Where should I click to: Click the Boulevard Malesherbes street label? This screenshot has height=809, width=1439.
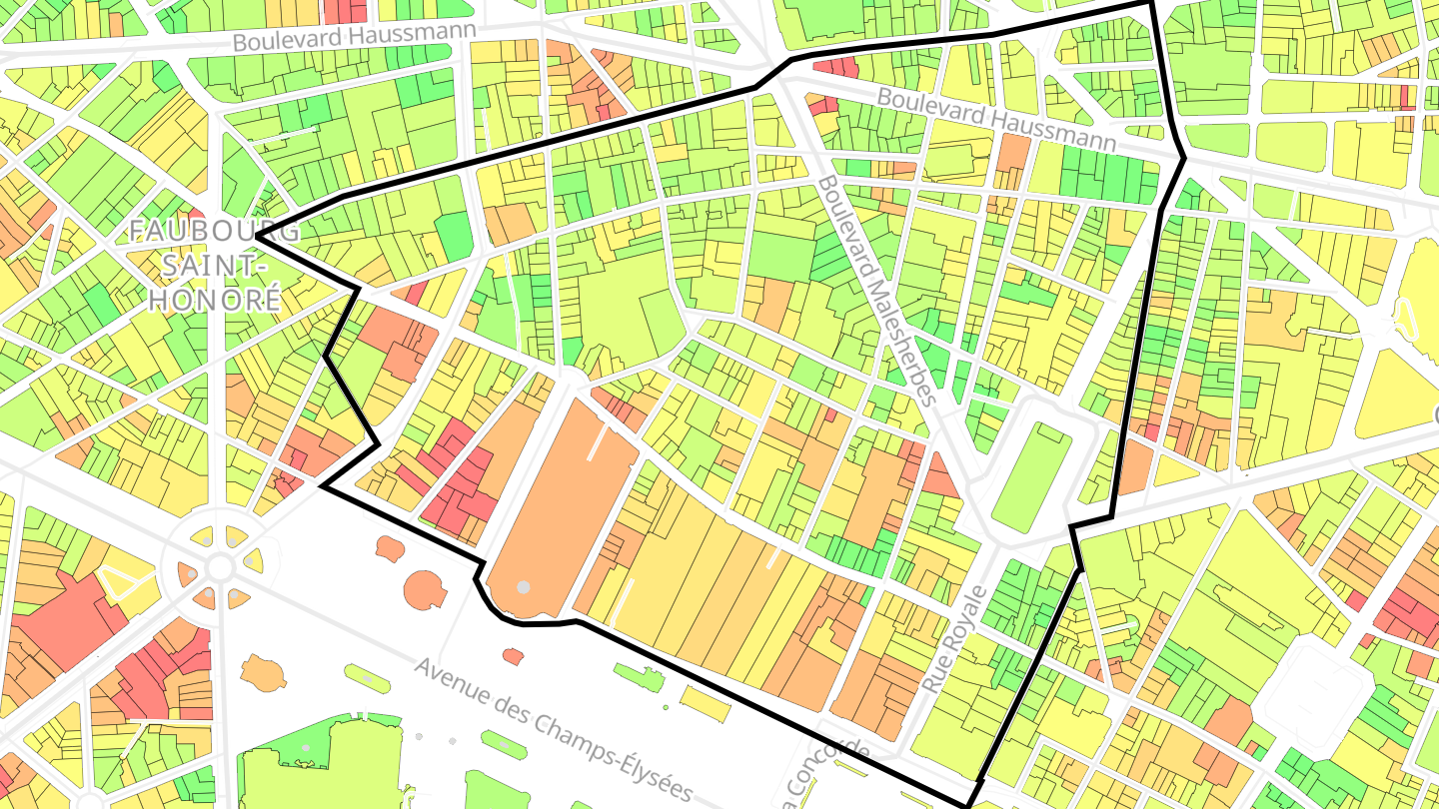(x=876, y=291)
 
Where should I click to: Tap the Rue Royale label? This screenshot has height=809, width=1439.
(x=953, y=640)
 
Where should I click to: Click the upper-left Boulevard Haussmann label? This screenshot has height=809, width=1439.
(x=354, y=33)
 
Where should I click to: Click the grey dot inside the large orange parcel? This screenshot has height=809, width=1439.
(x=523, y=587)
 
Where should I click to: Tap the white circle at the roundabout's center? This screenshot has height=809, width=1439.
(x=220, y=566)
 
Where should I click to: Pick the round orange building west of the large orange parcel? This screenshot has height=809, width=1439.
(x=425, y=588)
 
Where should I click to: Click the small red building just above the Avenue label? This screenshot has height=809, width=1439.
(x=513, y=656)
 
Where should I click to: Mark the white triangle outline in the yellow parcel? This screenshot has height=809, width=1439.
(x=117, y=582)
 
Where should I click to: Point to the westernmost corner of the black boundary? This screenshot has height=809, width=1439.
(x=257, y=236)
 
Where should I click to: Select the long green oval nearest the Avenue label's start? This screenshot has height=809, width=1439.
(x=368, y=679)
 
